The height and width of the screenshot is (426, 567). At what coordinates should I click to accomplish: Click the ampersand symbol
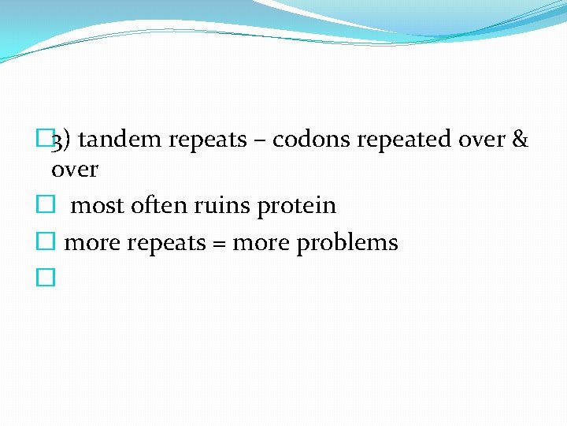520,140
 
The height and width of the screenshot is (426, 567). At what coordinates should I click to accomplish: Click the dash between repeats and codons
260,140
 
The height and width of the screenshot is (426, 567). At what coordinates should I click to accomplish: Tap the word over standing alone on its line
75,170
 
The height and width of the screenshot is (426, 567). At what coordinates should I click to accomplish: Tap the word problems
347,244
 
